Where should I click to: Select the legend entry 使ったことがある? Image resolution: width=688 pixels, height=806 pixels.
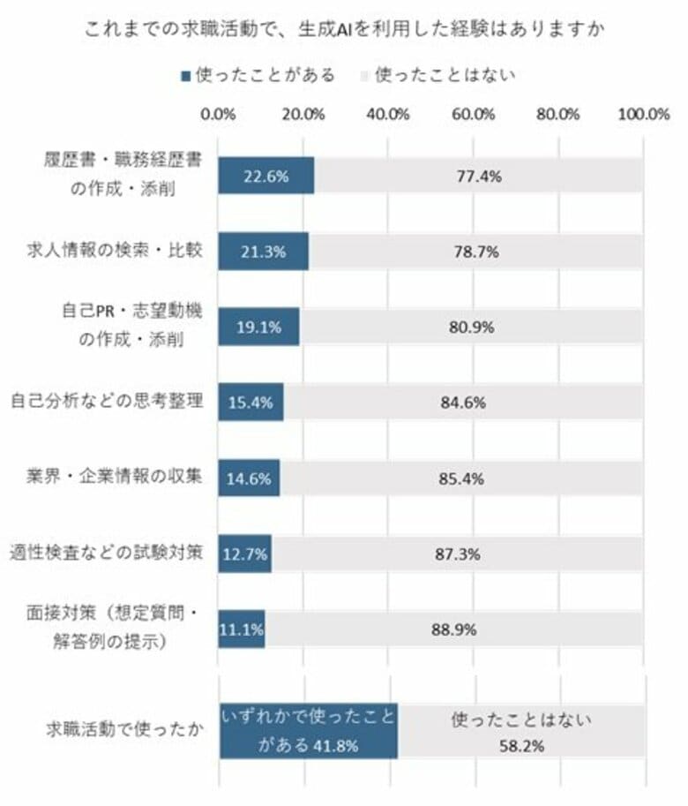tap(258, 75)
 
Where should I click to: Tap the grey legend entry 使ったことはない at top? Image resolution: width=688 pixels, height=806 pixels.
tap(437, 75)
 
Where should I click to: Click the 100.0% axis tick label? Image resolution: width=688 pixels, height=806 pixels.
tap(644, 114)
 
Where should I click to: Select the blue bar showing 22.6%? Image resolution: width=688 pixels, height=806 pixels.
tap(265, 176)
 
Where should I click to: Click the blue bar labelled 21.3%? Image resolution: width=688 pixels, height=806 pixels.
tap(263, 252)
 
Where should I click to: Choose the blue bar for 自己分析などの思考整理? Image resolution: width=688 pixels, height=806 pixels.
tap(251, 403)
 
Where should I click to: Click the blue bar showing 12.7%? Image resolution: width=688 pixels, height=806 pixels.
tap(245, 554)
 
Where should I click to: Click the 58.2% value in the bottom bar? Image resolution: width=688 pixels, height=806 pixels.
tap(520, 745)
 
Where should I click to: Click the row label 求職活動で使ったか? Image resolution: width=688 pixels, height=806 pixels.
tap(123, 731)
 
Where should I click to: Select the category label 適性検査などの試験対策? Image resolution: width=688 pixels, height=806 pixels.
tap(107, 554)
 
